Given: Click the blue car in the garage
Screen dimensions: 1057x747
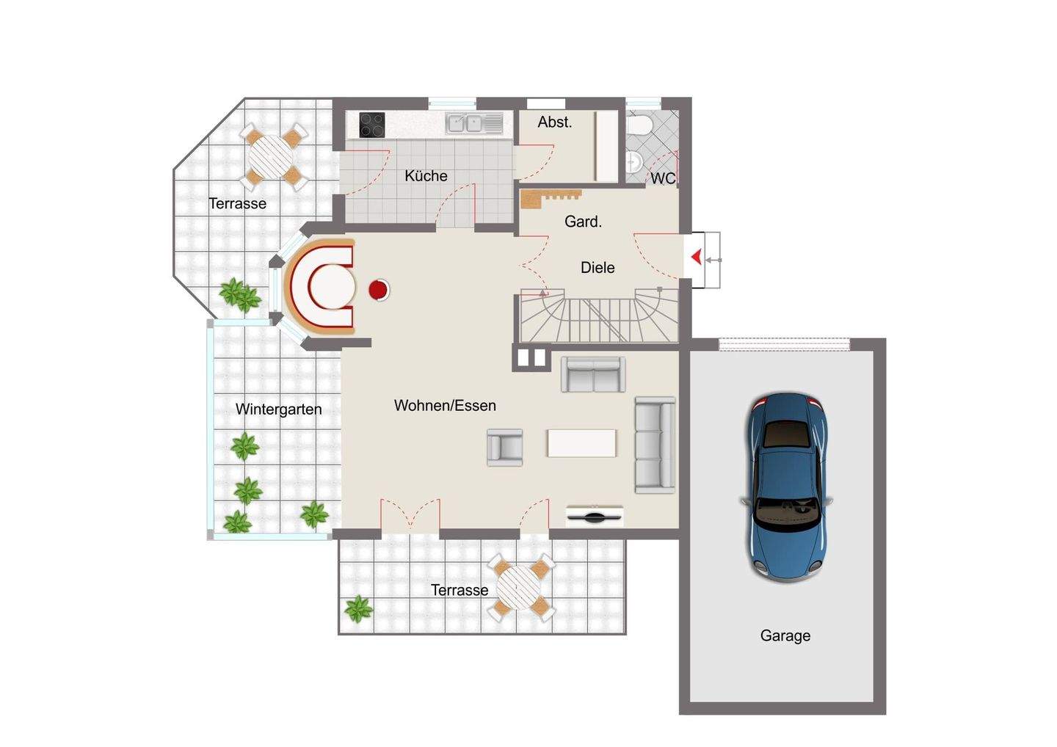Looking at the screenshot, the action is [x=786, y=488].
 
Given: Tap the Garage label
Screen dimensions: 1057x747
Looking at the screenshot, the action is [x=785, y=635].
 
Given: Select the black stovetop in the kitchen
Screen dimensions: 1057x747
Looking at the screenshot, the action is [x=372, y=125].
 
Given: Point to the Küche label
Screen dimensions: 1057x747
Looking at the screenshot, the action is [x=426, y=176].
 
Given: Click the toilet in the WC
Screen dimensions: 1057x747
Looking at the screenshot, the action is [x=639, y=125].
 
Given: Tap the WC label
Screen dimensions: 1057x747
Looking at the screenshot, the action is [x=663, y=179].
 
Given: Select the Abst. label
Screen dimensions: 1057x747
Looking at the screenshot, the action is [x=555, y=122].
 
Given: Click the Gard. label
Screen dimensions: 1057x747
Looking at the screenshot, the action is [x=584, y=222].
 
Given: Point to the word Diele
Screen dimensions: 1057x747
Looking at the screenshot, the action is [x=597, y=267].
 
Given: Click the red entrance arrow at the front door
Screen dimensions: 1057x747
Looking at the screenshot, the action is [x=697, y=258].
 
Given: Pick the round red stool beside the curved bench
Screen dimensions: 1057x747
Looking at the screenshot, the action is [x=379, y=290].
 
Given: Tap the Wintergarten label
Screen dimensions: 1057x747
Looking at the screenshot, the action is [x=278, y=409].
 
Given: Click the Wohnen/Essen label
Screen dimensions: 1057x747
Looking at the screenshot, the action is [x=445, y=406].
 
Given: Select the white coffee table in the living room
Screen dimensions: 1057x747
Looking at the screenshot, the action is [x=581, y=442].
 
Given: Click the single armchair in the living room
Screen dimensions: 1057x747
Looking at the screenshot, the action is [x=505, y=447].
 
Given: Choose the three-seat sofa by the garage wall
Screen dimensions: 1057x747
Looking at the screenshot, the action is [x=655, y=445].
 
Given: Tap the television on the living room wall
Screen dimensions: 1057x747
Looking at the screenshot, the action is [x=595, y=517].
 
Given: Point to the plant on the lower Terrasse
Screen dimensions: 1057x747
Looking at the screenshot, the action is [x=359, y=609].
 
